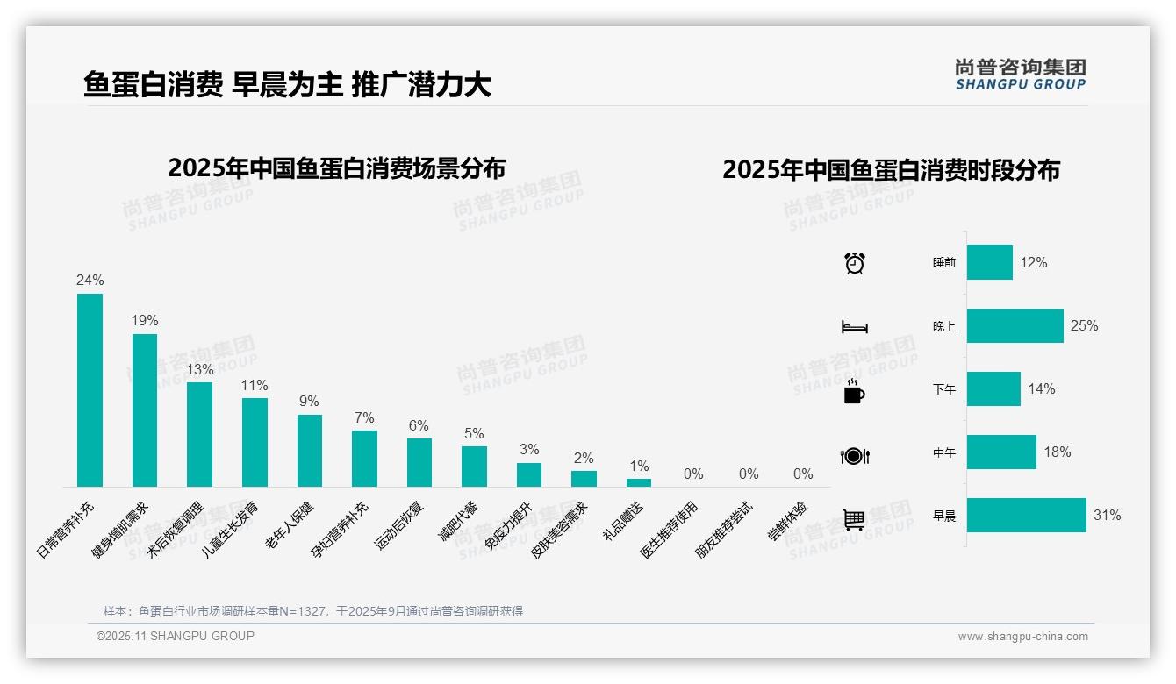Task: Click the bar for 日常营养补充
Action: pos(90,390)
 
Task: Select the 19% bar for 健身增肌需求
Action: pos(145,410)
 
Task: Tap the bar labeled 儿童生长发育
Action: pos(255,442)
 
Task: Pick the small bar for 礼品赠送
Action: pos(639,482)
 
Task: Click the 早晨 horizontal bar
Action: pos(1026,516)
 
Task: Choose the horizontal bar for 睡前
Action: pos(989,262)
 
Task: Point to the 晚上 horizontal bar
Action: pos(1015,325)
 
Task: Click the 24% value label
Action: pos(90,281)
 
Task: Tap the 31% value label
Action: pos(1107,516)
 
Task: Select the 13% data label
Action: pos(199,369)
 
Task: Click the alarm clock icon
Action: pos(854,262)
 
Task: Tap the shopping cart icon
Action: pos(854,519)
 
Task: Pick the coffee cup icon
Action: pos(854,392)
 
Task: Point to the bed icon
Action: pos(854,327)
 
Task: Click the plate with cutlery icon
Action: pos(854,456)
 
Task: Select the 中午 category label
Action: pos(944,453)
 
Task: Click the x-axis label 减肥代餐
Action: pos(458,522)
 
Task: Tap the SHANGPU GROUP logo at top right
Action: pos(1020,75)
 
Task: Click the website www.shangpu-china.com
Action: pos(1022,637)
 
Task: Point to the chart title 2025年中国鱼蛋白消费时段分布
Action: pos(891,169)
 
